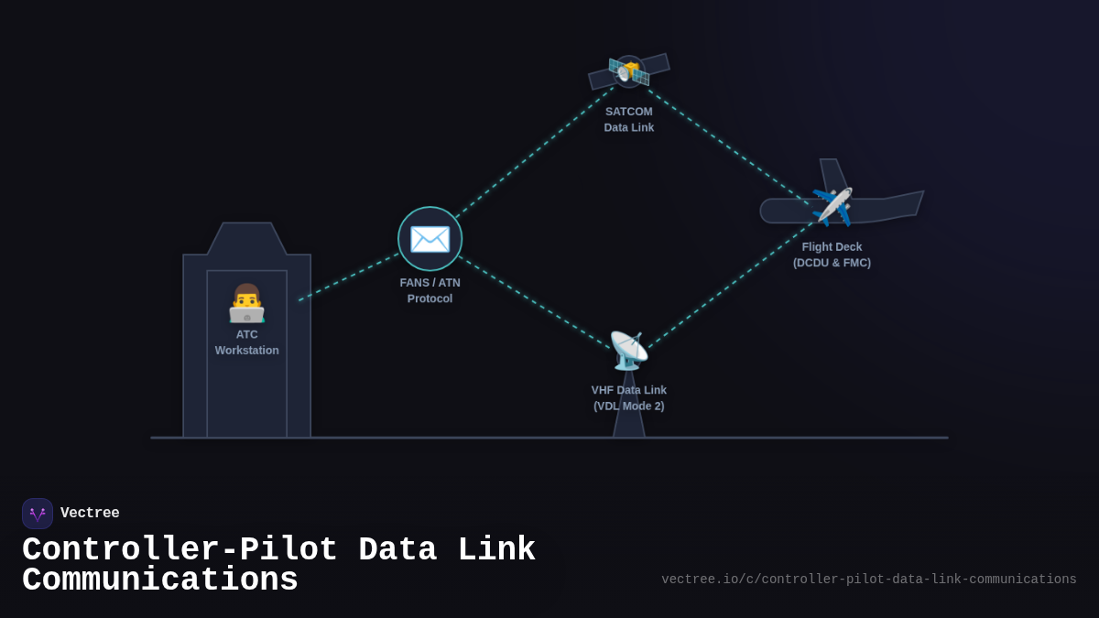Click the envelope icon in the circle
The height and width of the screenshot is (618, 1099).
coord(430,239)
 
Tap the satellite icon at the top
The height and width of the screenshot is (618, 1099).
coord(629,70)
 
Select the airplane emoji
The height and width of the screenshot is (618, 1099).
coord(832,206)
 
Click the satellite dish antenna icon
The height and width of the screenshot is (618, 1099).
coord(628,350)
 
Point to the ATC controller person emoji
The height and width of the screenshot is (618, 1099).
coord(246,303)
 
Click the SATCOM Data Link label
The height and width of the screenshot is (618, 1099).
coord(629,119)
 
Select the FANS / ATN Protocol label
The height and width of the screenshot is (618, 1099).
coord(430,290)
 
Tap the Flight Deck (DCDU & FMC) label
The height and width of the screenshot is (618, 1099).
coord(832,255)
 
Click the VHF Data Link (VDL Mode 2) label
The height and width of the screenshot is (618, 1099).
coord(629,397)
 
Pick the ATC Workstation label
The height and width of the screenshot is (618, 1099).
coord(247,342)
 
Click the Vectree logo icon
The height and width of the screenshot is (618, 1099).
coord(38,514)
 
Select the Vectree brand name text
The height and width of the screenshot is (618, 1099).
coord(90,514)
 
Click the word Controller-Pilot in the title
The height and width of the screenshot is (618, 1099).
coord(180,550)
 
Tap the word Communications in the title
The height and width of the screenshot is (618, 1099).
coord(160,580)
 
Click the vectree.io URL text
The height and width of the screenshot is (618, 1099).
coord(868,580)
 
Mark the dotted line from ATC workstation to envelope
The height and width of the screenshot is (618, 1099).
coord(348,277)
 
